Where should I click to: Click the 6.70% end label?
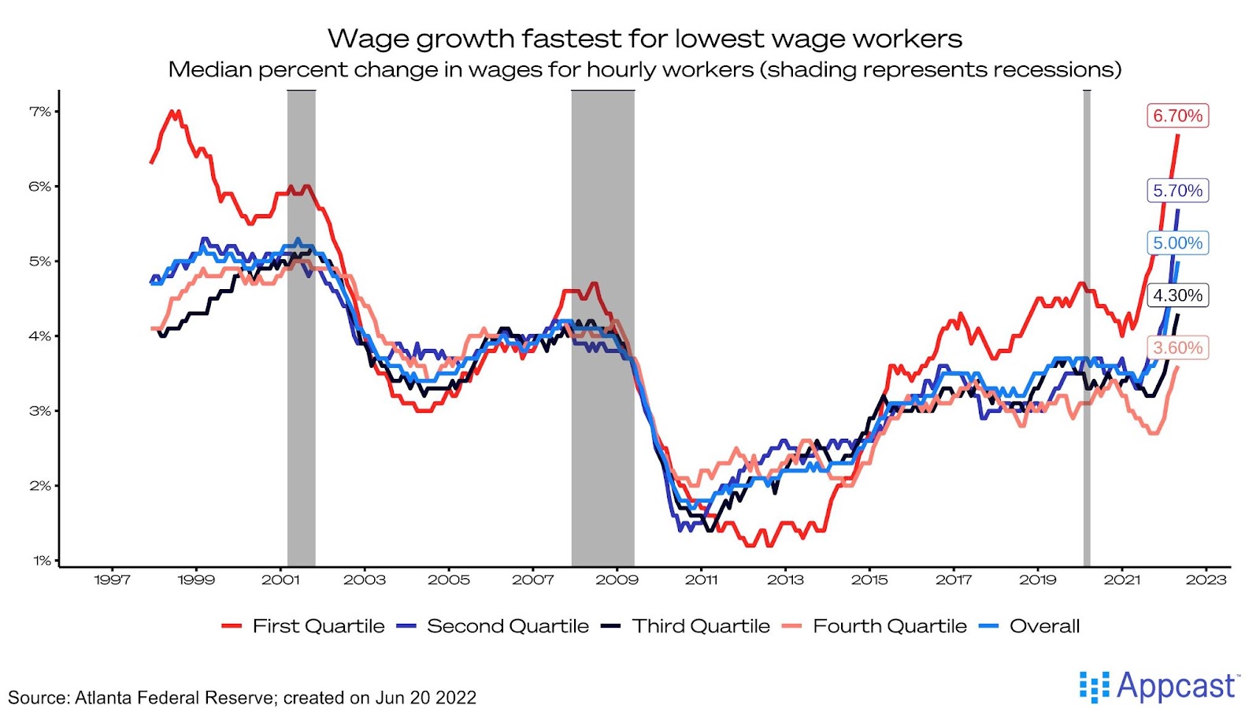(x=1177, y=116)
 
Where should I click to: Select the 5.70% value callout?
(x=1177, y=191)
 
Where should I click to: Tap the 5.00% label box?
(x=1177, y=243)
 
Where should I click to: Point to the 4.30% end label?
(x=1177, y=295)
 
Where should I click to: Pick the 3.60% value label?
(x=1177, y=348)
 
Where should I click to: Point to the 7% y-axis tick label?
(x=40, y=112)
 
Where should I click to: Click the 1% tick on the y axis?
(x=42, y=561)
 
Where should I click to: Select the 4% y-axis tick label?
(x=40, y=336)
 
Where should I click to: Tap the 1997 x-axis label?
(x=112, y=581)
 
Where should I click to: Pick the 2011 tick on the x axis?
(x=701, y=581)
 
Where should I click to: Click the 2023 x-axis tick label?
(x=1206, y=581)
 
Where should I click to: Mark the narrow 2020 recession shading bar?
(x=1087, y=327)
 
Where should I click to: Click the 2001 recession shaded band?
(x=301, y=327)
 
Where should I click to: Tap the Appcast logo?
(x=1159, y=687)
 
